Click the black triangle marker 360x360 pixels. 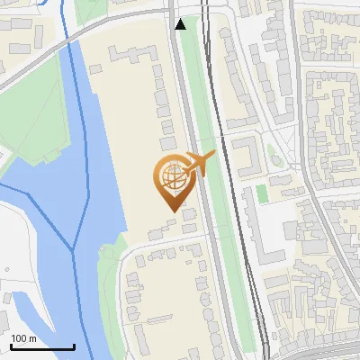pos(181,24)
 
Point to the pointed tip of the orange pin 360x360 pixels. pos(173,211)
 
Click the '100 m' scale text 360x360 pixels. pos(24,337)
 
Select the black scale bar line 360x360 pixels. pos(42,346)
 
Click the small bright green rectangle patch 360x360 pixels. pos(262,193)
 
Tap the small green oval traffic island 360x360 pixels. pos(276,160)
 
